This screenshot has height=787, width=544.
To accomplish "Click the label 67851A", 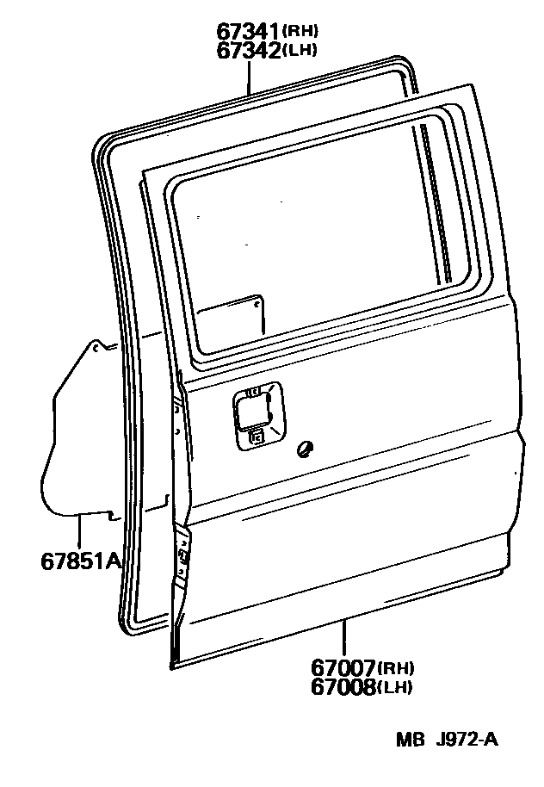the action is (79, 561).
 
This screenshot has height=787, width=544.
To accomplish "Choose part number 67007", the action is (342, 667).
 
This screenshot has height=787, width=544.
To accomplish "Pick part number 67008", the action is (342, 686).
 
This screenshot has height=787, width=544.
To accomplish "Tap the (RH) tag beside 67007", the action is (397, 668).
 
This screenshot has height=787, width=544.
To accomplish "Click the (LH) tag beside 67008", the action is (396, 687).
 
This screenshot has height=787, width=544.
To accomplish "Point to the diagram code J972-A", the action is (467, 740).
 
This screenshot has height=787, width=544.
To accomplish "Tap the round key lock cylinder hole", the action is (302, 448).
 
